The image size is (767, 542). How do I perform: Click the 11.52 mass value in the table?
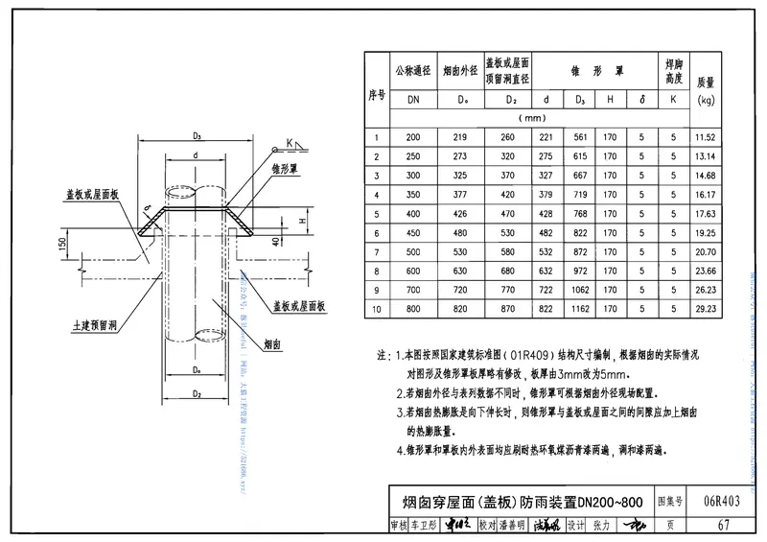[705, 138]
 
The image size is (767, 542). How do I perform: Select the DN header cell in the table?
[413, 99]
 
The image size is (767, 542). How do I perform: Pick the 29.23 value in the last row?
[705, 310]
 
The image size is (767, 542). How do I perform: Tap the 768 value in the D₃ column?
[580, 214]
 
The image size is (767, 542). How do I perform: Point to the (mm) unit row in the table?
[531, 118]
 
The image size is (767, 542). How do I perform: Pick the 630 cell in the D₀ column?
[461, 271]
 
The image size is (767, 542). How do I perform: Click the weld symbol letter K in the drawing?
[288, 144]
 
